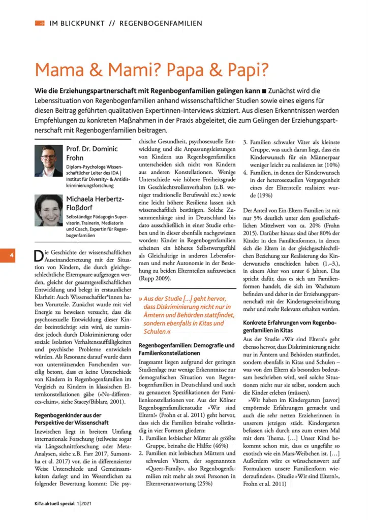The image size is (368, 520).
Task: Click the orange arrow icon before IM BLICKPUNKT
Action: (x=39, y=23)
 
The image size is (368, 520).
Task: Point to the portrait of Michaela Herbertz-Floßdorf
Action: (x=48, y=211)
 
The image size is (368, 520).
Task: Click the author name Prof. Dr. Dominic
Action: (x=92, y=149)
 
